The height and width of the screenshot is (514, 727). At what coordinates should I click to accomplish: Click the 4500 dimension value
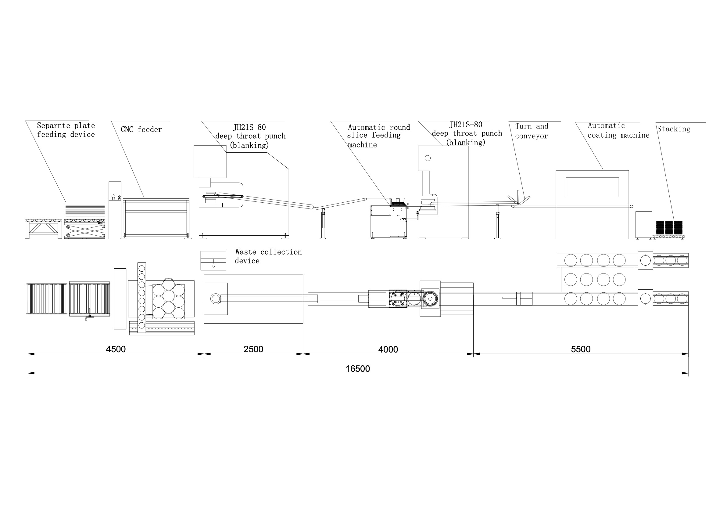tap(116, 349)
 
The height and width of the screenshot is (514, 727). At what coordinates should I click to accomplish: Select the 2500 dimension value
tap(253, 349)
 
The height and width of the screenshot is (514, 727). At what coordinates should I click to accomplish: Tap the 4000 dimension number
tap(388, 349)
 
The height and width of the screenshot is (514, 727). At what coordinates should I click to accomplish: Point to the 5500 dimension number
tap(581, 349)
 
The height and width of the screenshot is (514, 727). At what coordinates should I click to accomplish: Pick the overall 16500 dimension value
tap(358, 368)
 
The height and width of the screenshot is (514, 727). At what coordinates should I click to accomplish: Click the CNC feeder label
tap(141, 129)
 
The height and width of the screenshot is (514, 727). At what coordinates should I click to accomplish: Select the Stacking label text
tap(674, 129)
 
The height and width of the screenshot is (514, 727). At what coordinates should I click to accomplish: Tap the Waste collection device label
tap(268, 256)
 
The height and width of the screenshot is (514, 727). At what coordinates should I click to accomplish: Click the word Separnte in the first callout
tap(52, 125)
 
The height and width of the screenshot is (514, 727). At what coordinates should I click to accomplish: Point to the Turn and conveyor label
tap(532, 131)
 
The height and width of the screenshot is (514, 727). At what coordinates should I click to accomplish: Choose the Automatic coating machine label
tap(618, 130)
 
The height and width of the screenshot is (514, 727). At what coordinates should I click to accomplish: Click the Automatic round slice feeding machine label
tap(379, 136)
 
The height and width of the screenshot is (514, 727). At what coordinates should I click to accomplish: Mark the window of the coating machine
tap(592, 187)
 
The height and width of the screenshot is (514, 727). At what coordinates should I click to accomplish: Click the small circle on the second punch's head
tap(428, 158)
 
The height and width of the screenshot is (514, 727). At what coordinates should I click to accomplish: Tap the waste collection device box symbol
tap(213, 260)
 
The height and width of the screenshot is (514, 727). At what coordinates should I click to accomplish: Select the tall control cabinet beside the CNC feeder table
tap(115, 210)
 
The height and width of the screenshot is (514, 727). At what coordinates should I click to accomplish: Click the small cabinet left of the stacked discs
tap(644, 224)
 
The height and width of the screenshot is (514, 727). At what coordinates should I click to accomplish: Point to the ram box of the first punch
tap(210, 161)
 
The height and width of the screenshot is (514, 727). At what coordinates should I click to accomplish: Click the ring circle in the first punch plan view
tap(216, 299)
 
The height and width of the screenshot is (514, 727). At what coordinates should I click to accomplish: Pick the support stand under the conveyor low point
tap(323, 224)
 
